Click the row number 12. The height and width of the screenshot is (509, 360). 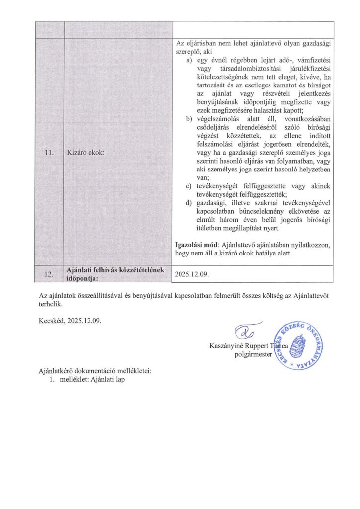[48, 274]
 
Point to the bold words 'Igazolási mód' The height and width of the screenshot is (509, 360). [197, 246]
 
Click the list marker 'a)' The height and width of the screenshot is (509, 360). [189, 60]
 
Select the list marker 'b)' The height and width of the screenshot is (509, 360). [189, 119]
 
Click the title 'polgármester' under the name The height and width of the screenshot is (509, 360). [253, 354]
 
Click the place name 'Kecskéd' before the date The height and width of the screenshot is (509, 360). [52, 320]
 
